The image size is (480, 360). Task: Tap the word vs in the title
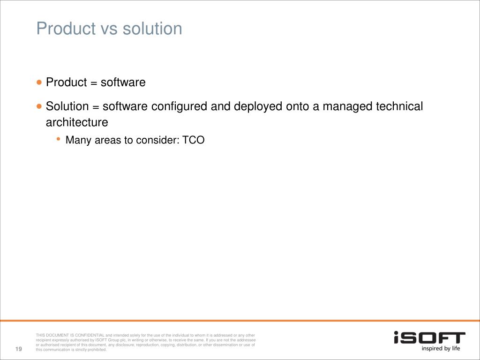[x=109, y=29]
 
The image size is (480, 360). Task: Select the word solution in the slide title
[x=152, y=29]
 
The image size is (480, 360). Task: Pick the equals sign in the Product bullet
[x=94, y=82]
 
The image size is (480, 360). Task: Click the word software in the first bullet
[x=123, y=82]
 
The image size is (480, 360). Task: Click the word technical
[x=399, y=106]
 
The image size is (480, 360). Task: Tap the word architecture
[x=77, y=122]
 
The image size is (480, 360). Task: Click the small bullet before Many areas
[x=59, y=139]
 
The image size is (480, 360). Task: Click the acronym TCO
[x=194, y=140]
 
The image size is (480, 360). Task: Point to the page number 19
[x=19, y=349]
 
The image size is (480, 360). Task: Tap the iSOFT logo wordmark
[x=429, y=337]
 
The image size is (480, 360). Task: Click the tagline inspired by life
[x=441, y=348]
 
